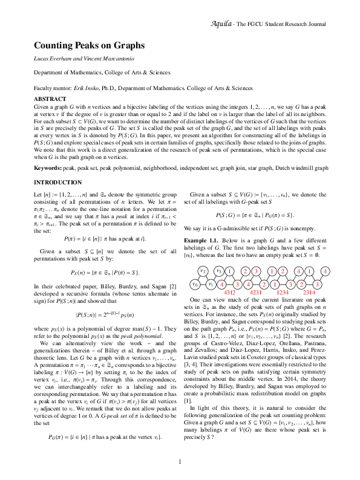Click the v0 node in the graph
pos(194,284)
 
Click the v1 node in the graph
pos(211,284)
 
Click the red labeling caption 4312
pos(230,292)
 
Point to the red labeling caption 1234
pos(283,292)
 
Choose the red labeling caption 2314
pos(309,292)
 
